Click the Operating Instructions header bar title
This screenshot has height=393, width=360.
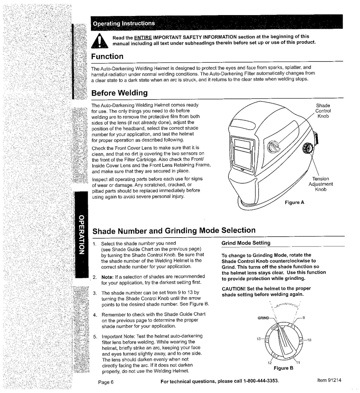pyautogui.click(x=124, y=24)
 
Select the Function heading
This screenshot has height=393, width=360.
pyautogui.click(x=107, y=57)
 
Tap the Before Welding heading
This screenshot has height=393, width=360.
pyautogui.click(x=119, y=93)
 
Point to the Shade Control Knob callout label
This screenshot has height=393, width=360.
pyautogui.click(x=323, y=111)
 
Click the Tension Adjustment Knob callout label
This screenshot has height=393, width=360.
pyautogui.click(x=320, y=184)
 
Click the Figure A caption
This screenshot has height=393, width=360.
pyautogui.click(x=294, y=203)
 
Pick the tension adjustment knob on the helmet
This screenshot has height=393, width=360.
pyautogui.click(x=308, y=148)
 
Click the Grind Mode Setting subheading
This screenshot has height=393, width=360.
pyautogui.click(x=246, y=243)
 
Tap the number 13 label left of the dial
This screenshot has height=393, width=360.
pyautogui.click(x=259, y=339)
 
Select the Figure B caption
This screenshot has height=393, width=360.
pyautogui.click(x=283, y=368)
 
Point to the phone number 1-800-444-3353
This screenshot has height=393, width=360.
pyautogui.click(x=261, y=381)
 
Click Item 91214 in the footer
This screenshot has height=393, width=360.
pyautogui.click(x=329, y=380)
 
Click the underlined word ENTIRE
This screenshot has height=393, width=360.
pyautogui.click(x=143, y=37)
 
